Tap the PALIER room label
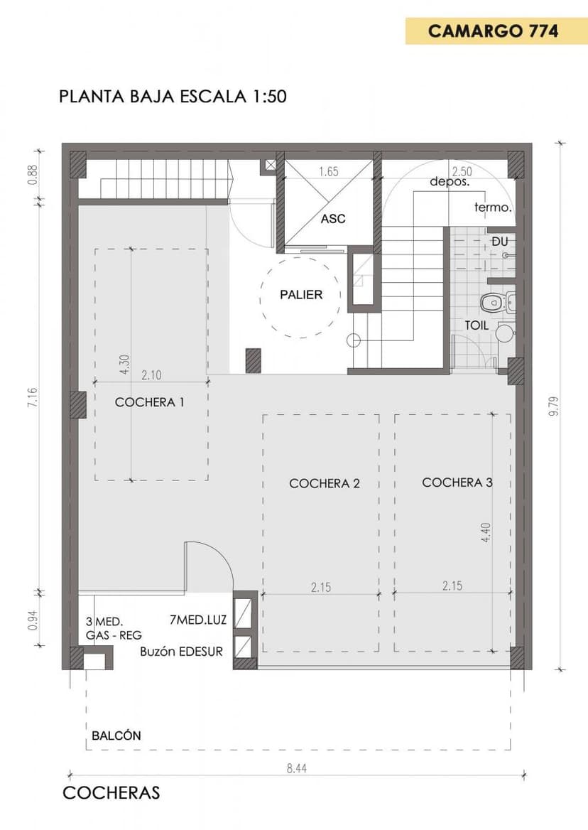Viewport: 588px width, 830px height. click(301, 295)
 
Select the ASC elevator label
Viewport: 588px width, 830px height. click(333, 219)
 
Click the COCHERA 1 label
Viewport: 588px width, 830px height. click(150, 402)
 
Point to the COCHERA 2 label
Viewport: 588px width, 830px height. click(324, 483)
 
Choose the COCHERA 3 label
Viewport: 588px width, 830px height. click(457, 483)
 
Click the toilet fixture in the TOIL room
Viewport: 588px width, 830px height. click(491, 302)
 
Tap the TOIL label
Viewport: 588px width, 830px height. click(477, 325)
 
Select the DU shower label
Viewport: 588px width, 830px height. click(500, 242)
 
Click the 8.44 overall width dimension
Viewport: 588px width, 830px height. click(297, 768)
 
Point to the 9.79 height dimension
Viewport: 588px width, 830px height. click(554, 406)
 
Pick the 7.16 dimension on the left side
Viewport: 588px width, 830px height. click(33, 397)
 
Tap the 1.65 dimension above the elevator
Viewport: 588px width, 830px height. click(328, 171)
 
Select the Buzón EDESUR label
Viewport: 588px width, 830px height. click(181, 652)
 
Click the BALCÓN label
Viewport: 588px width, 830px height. click(116, 735)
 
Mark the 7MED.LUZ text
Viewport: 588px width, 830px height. click(198, 620)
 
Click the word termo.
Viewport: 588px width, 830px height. click(493, 207)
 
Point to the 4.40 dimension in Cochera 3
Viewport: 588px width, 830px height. click(486, 532)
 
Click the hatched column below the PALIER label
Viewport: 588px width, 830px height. click(254, 361)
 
